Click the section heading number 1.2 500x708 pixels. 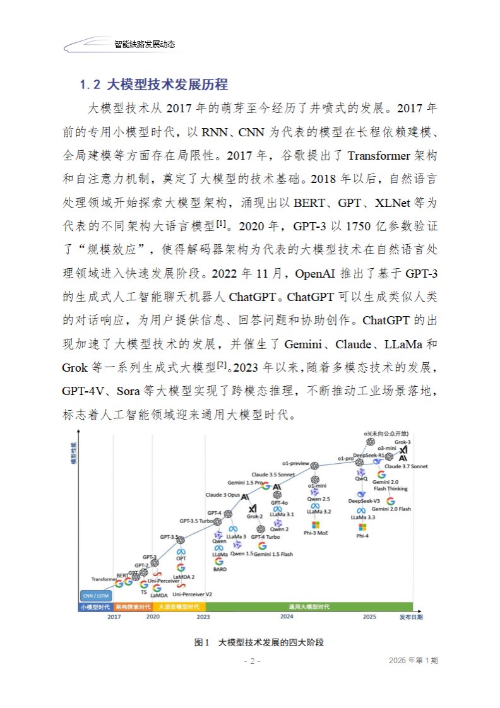[88, 84]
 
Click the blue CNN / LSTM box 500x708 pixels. [96, 594]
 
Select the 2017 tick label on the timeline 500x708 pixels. [114, 616]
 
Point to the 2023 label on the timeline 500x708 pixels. [203, 616]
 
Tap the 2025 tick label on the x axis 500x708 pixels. [370, 616]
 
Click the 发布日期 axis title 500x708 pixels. [412, 616]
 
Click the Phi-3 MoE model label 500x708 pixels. [316, 533]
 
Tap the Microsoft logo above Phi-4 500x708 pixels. [362, 526]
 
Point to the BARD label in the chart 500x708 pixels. [220, 569]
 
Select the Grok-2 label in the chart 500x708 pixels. [254, 516]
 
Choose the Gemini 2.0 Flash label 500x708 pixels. [391, 509]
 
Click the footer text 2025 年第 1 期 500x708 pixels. [414, 660]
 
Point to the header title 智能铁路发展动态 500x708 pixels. [145, 45]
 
